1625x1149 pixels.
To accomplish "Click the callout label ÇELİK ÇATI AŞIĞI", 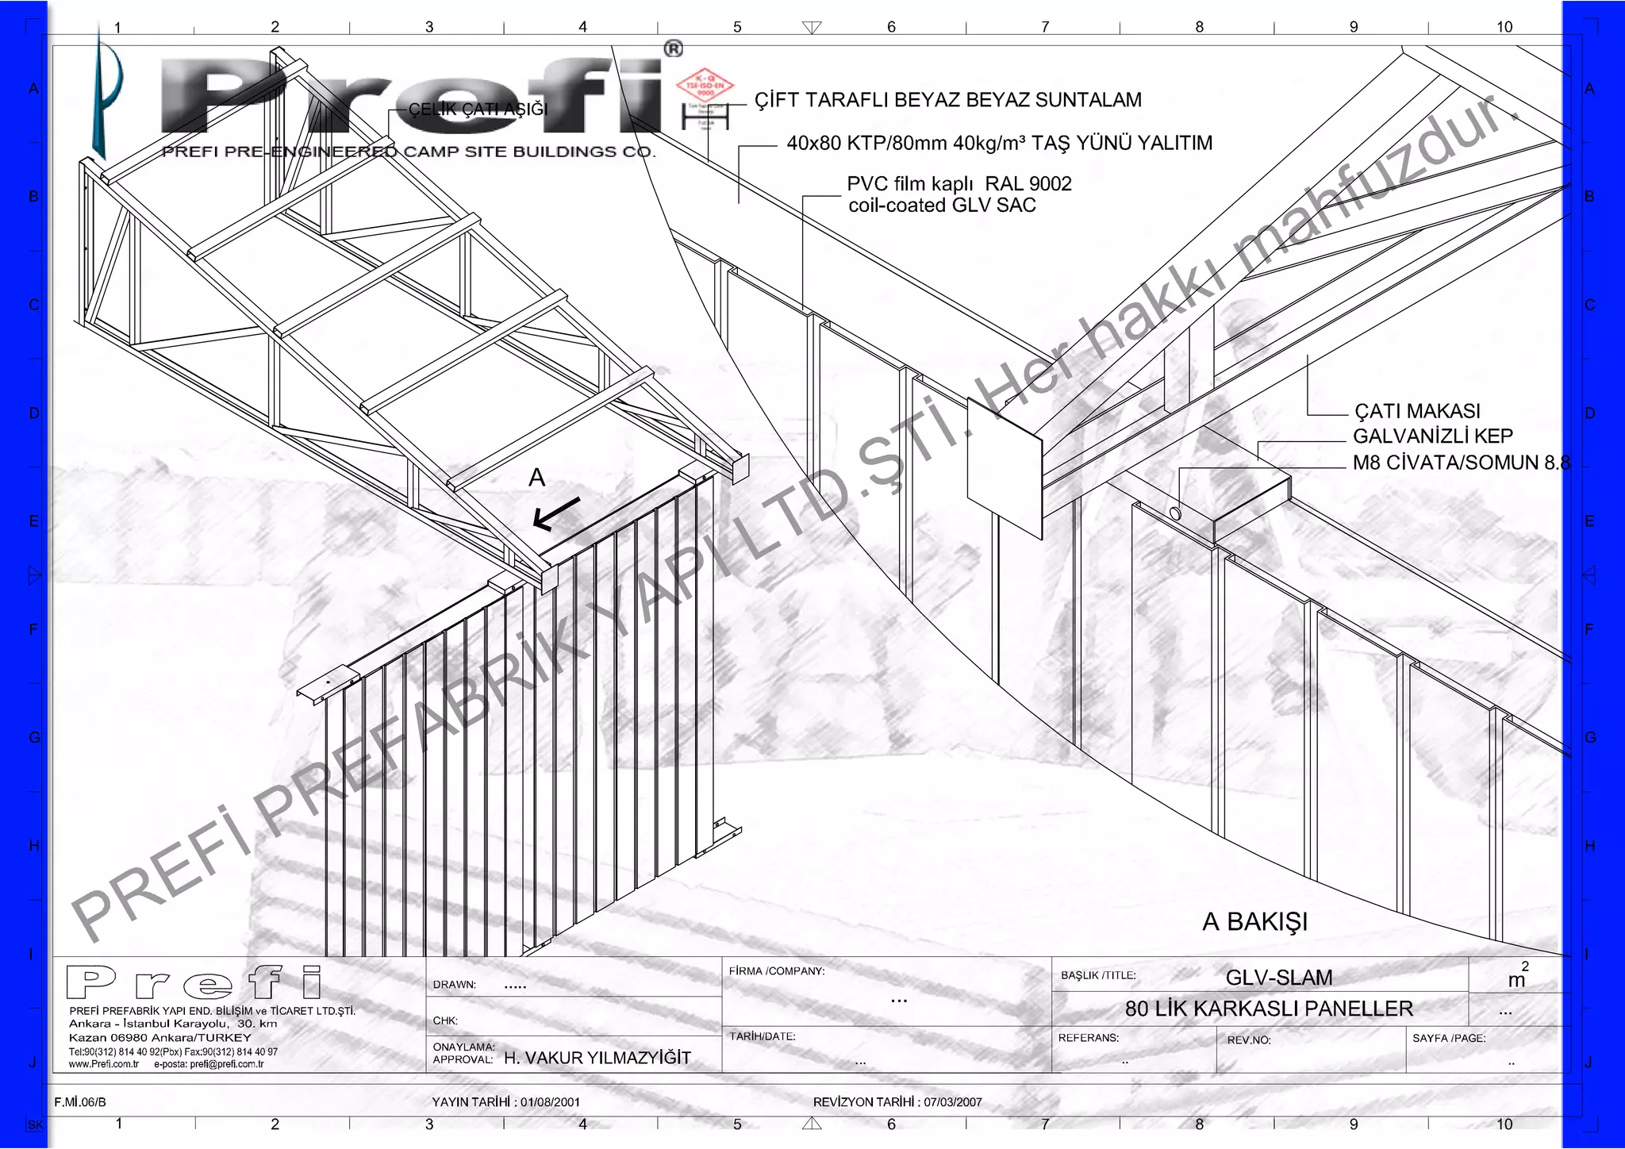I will [x=478, y=110].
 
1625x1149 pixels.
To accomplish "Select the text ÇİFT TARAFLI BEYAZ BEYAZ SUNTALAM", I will [x=947, y=100].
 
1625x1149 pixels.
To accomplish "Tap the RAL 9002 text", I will [x=1028, y=184].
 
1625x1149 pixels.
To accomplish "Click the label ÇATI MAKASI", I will [x=1417, y=411].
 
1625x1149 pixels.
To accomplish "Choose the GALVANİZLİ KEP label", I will [x=1432, y=436].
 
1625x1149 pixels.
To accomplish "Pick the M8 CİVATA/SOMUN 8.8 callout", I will [x=1461, y=463].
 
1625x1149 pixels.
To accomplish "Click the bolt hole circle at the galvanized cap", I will [x=1175, y=513].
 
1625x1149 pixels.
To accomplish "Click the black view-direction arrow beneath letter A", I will [x=556, y=513].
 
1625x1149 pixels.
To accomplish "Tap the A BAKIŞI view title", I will [x=1254, y=922].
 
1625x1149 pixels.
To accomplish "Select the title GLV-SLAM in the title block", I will [x=1278, y=978].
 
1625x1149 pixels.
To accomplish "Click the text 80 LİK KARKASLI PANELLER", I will [x=1269, y=1009].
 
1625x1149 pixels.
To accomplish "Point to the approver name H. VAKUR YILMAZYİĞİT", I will [x=597, y=1058].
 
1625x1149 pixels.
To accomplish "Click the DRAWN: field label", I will [x=454, y=985].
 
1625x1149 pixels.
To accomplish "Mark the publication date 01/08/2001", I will [x=550, y=1102].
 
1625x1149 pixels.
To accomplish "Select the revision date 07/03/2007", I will [x=952, y=1102].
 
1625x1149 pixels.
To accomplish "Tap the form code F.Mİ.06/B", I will [x=80, y=1102].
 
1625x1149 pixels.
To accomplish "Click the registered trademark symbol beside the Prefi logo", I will [x=673, y=49].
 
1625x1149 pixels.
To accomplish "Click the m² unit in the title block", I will [x=1517, y=978].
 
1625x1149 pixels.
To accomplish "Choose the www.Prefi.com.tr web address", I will [x=104, y=1064].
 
